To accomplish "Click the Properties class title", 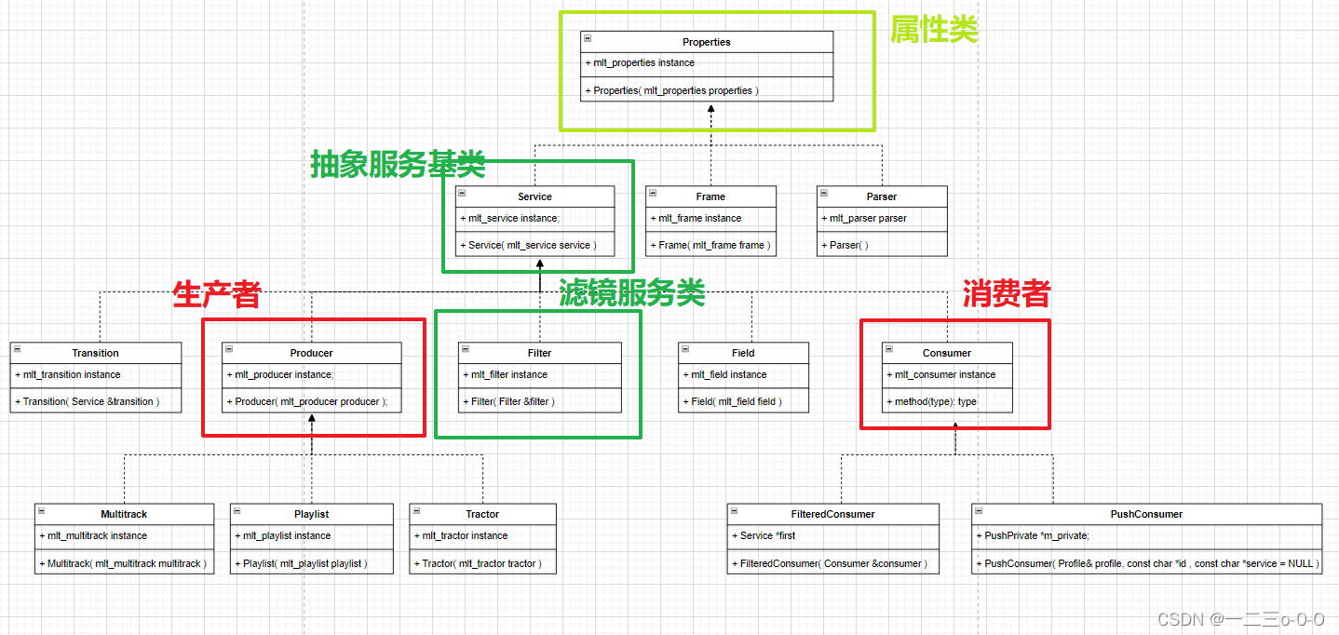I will (706, 42).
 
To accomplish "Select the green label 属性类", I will (933, 30).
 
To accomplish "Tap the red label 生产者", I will (216, 294).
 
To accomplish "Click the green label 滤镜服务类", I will (631, 294).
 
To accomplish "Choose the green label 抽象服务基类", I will (398, 166).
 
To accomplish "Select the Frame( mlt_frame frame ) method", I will (712, 245).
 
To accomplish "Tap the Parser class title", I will (881, 196).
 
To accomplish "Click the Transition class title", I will (95, 353).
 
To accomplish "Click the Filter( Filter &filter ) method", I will (512, 401).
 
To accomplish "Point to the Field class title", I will (742, 353).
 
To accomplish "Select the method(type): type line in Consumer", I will (936, 401).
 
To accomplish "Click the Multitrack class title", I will (124, 514).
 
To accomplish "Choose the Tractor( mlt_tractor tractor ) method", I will (481, 563).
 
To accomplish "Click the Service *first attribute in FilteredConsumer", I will (767, 535).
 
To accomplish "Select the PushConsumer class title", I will (1145, 514).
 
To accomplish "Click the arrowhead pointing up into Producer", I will (312, 421).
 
